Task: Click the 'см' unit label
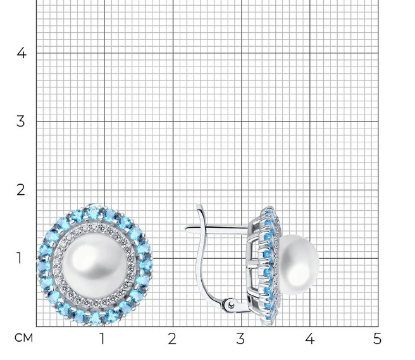pos(23,338)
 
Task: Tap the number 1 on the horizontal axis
pos(102,338)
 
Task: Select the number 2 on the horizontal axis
pos(172,338)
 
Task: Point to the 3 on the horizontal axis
pos(240,338)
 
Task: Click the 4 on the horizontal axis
pos(309,338)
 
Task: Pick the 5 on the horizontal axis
pos(377,338)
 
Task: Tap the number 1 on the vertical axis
pos(19,258)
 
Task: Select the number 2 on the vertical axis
pos(21,190)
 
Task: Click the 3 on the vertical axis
pos(21,121)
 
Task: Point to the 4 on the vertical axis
pos(22,53)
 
